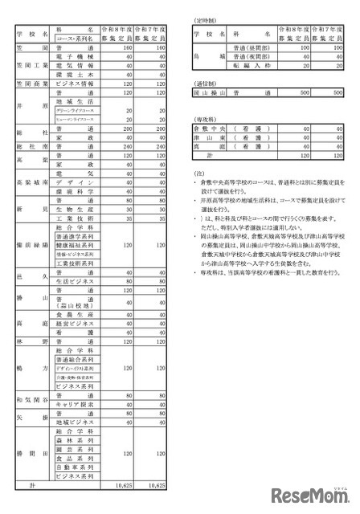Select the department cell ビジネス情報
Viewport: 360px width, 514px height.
tap(76, 83)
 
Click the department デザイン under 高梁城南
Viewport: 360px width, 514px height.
tap(76, 182)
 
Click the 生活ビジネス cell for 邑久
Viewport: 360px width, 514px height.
tap(76, 281)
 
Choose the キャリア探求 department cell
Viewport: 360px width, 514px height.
tap(76, 406)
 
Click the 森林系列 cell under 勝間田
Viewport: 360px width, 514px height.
tap(76, 441)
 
